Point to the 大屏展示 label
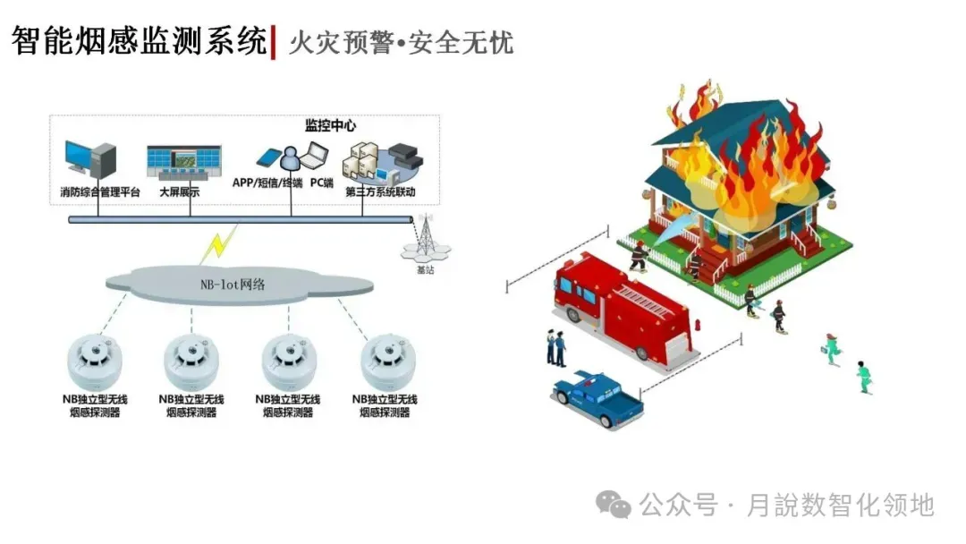[x=179, y=192]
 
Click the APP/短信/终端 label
[x=267, y=183]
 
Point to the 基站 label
[x=425, y=269]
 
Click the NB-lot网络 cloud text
[x=238, y=285]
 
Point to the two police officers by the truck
[x=556, y=347]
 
